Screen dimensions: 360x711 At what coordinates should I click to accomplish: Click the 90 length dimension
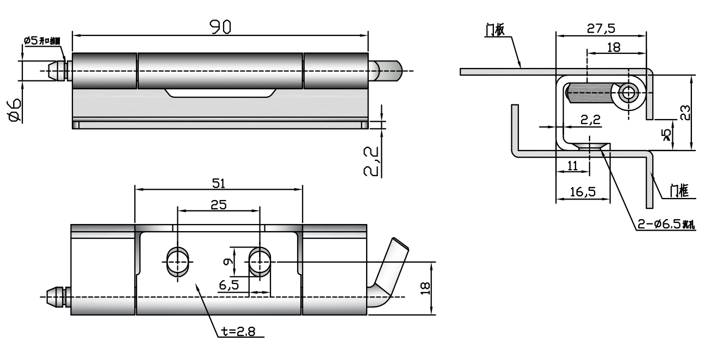pyautogui.click(x=220, y=27)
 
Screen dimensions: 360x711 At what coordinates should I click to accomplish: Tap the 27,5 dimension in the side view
pyautogui.click(x=601, y=29)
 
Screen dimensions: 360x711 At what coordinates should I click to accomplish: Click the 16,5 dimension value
pyautogui.click(x=583, y=191)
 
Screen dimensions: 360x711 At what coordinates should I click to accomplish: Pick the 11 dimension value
pyautogui.click(x=572, y=166)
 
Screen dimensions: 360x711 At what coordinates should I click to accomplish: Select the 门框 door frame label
pyautogui.click(x=679, y=190)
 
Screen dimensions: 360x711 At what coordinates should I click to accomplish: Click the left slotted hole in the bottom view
pyautogui.click(x=178, y=262)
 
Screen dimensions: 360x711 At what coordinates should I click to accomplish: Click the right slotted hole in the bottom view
pyautogui.click(x=259, y=262)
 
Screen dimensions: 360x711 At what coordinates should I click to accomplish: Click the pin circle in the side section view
pyautogui.click(x=629, y=93)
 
